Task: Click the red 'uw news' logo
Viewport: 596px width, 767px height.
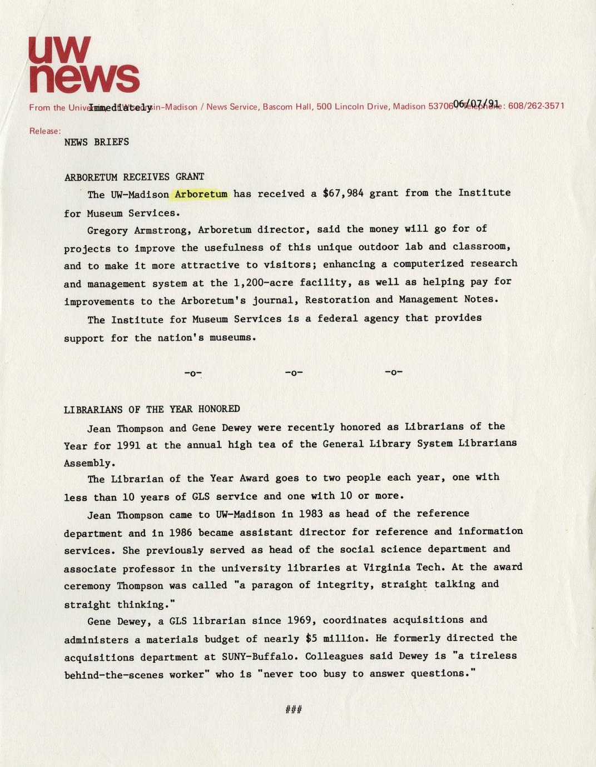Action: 83,65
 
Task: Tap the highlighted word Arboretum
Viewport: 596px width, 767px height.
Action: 201,194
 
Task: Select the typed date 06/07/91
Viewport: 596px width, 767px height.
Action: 475,103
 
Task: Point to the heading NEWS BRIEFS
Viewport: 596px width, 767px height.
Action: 97,142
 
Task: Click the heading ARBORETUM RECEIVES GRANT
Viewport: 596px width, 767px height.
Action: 134,177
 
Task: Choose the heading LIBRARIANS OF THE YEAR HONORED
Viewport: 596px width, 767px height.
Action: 152,409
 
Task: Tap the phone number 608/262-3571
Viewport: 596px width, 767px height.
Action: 537,106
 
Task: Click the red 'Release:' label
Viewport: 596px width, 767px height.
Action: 44,131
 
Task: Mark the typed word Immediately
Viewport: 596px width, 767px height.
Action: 120,107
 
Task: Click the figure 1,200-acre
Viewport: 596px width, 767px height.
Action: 264,283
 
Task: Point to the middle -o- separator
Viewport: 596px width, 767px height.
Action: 294,372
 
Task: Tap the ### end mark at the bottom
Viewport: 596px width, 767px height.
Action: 294,709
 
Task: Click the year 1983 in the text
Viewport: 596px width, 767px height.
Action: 311,514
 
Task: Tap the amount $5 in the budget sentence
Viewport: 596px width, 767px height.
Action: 311,639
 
